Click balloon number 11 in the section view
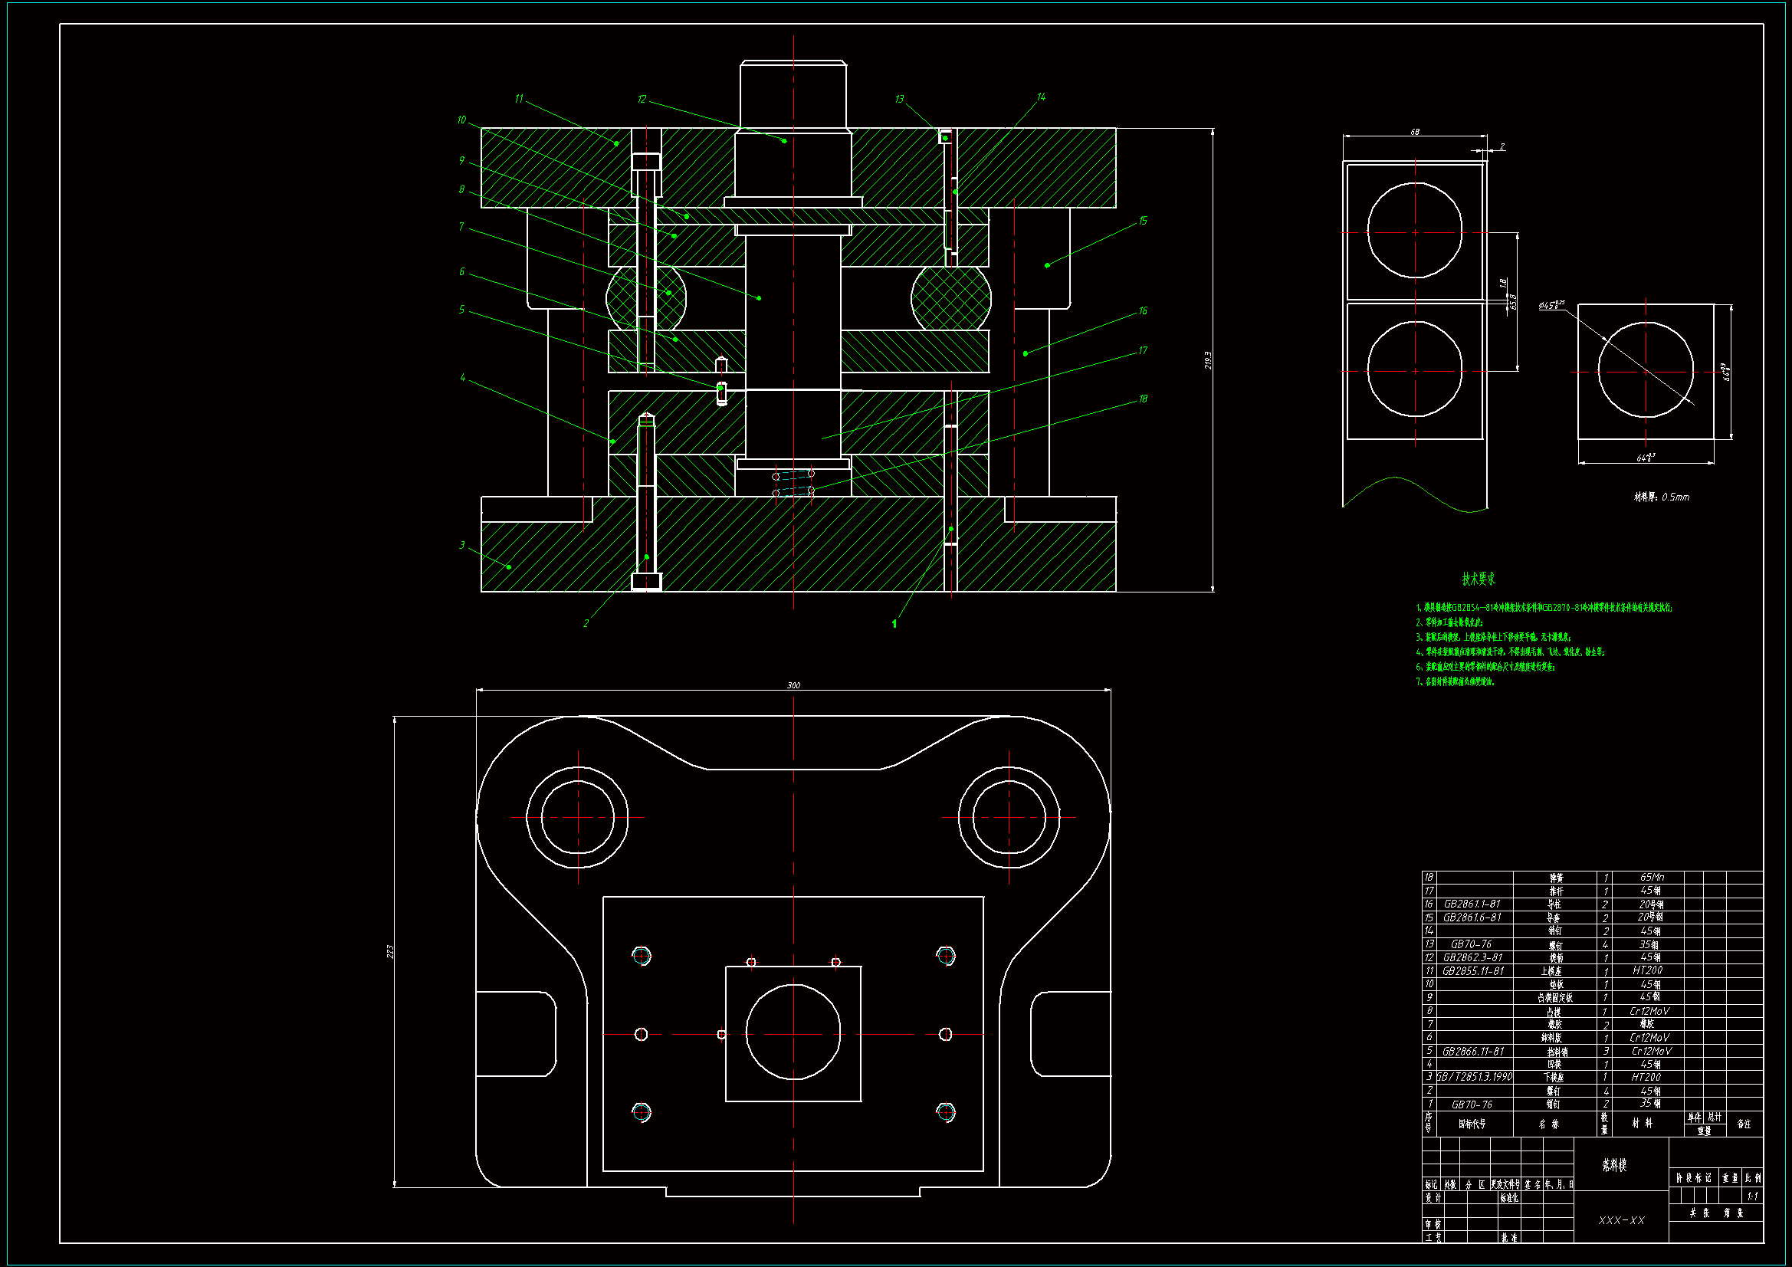pyautogui.click(x=519, y=99)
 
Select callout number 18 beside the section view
pyautogui.click(x=1143, y=399)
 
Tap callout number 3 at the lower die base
pyautogui.click(x=462, y=545)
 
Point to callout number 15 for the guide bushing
pyautogui.click(x=1143, y=221)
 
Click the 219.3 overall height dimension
pyautogui.click(x=1208, y=360)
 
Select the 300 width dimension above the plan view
pyautogui.click(x=793, y=685)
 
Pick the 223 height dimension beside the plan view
pyautogui.click(x=390, y=951)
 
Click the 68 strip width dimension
pyautogui.click(x=1415, y=132)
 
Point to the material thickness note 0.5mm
pyautogui.click(x=1662, y=497)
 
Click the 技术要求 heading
pyautogui.click(x=1479, y=579)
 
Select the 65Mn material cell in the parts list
pyautogui.click(x=1652, y=877)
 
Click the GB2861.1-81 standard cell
pyautogui.click(x=1471, y=904)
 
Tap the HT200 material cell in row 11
pyautogui.click(x=1648, y=970)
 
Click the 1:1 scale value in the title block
pyautogui.click(x=1752, y=1196)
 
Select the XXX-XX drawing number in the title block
pyautogui.click(x=1622, y=1220)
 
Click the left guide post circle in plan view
pyautogui.click(x=578, y=817)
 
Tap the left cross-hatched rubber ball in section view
pyautogui.click(x=646, y=297)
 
